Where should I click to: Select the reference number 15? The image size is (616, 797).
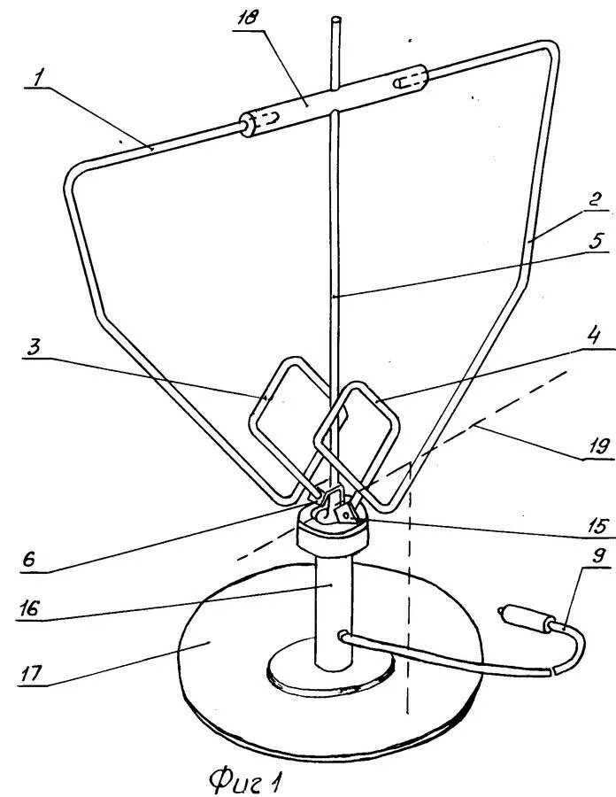(x=598, y=526)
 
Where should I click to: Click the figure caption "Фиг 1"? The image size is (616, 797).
(x=247, y=778)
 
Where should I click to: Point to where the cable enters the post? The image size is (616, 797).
(x=343, y=634)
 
